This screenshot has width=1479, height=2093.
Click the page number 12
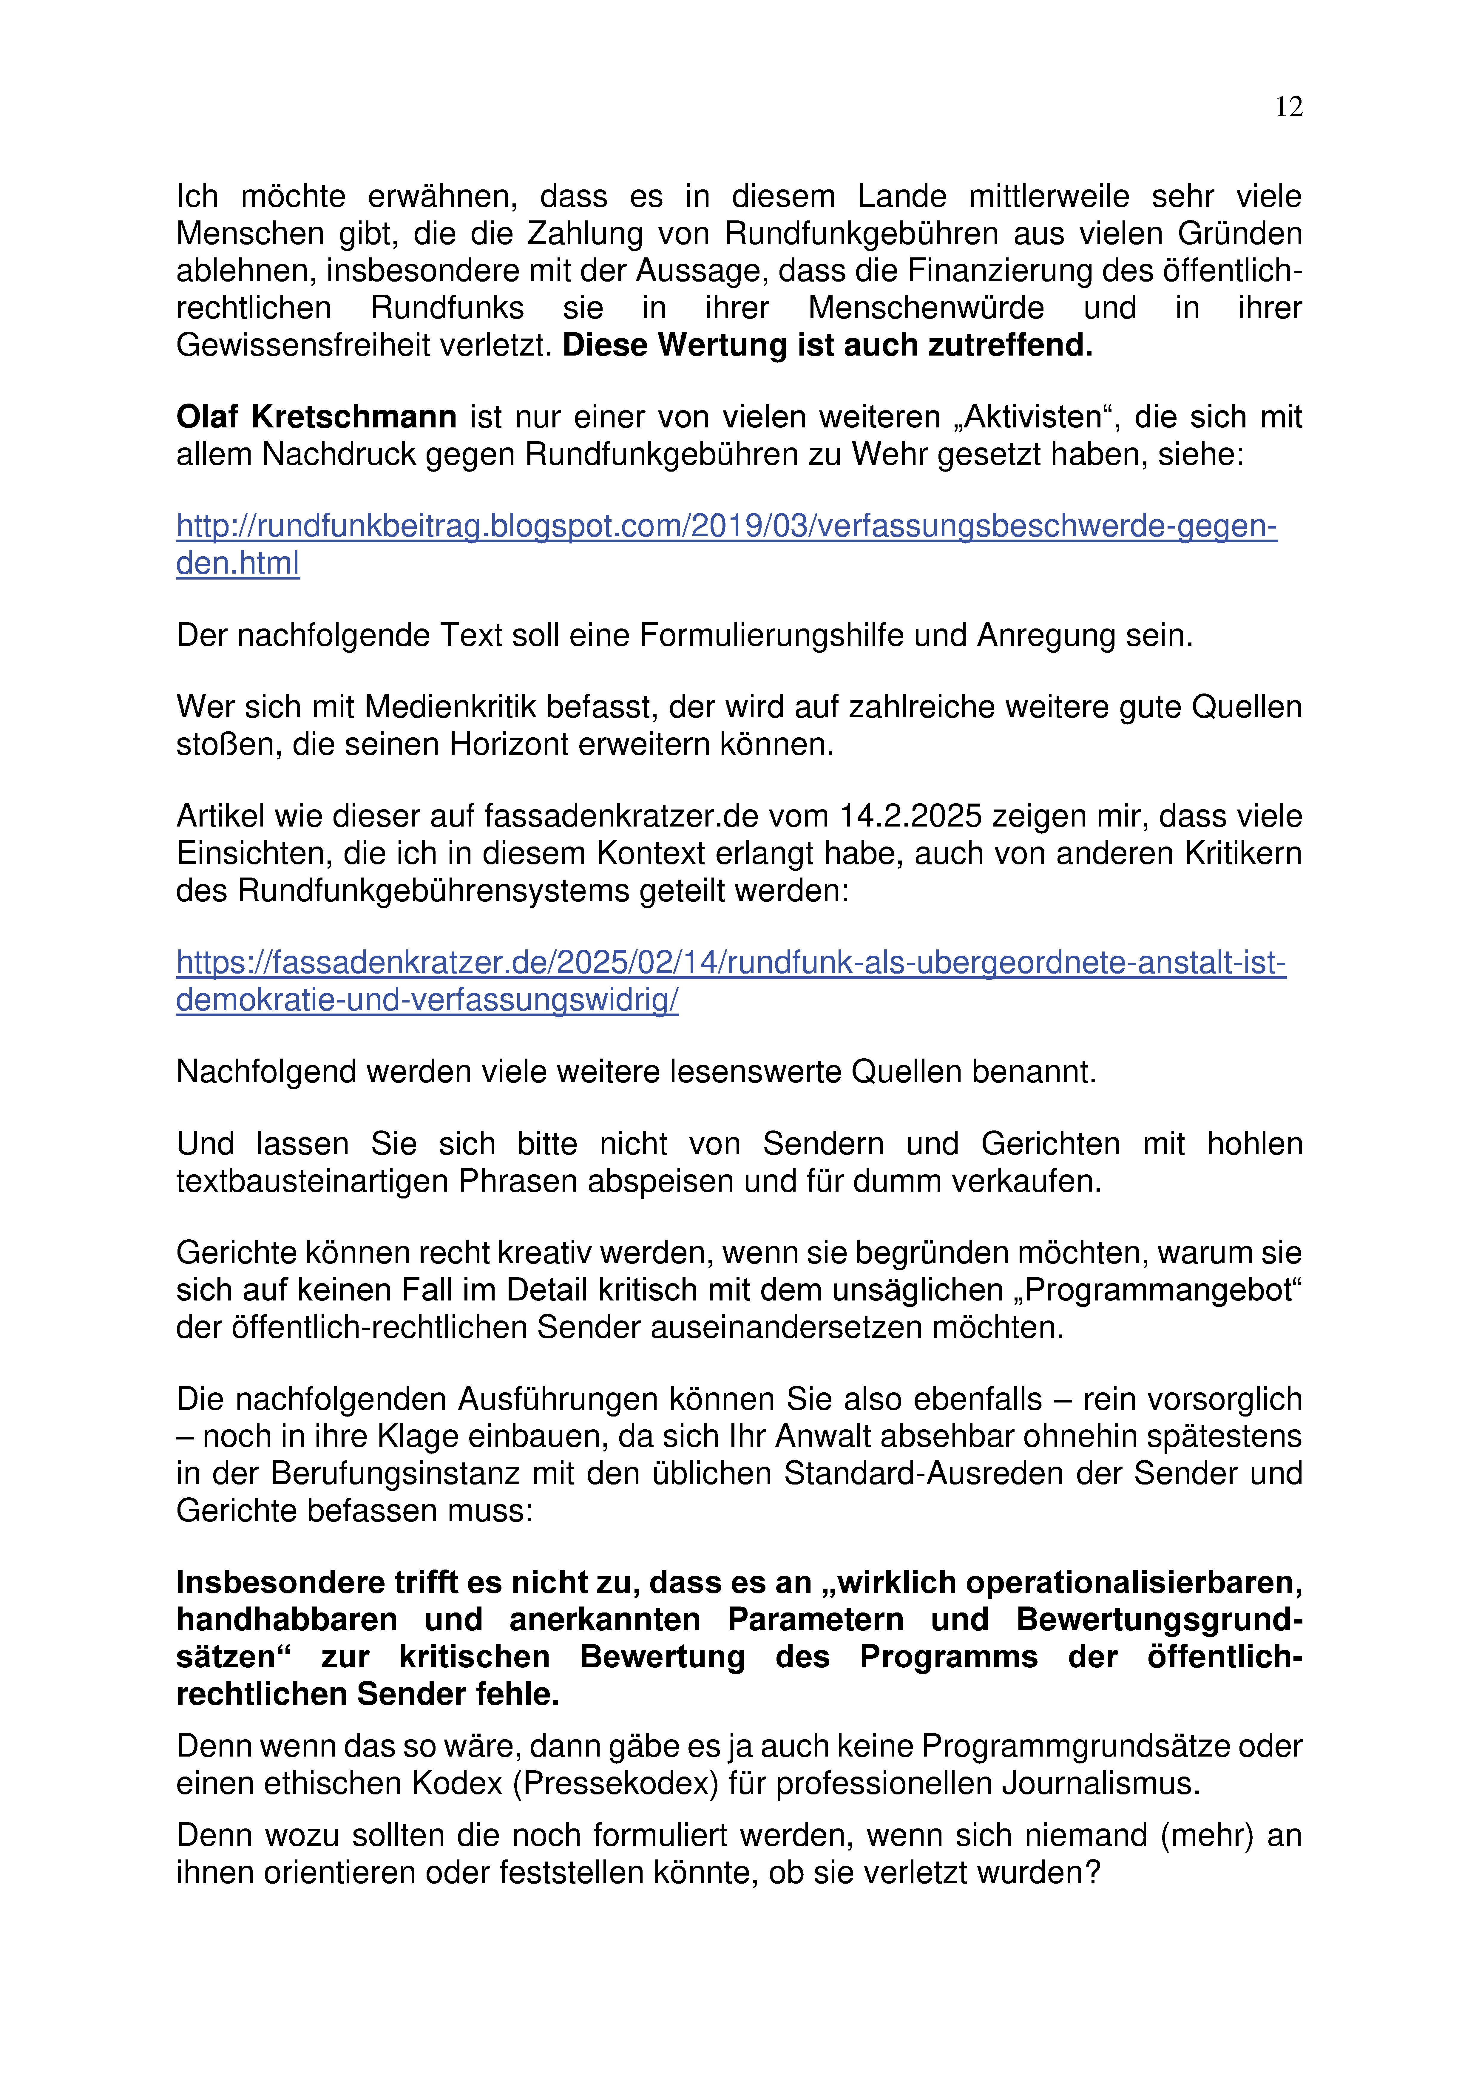coord(1288,108)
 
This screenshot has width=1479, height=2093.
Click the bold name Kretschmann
coord(354,418)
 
